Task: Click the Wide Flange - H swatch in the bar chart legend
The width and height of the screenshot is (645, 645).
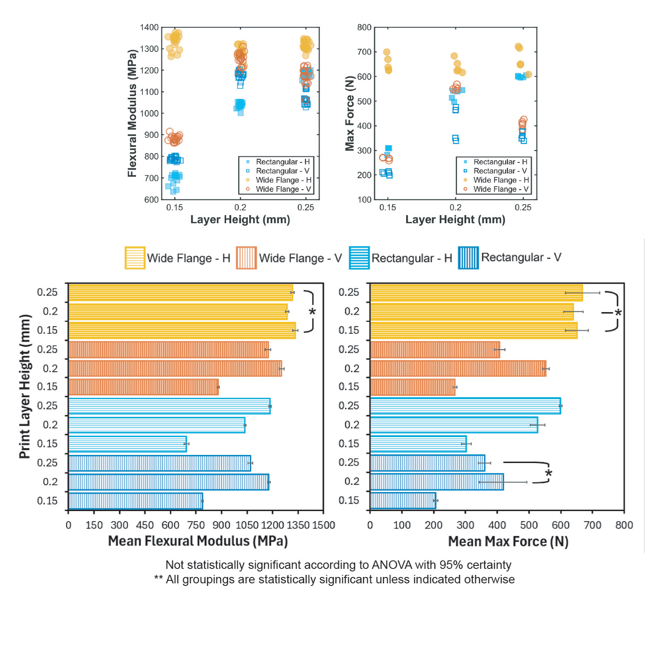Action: coord(135,258)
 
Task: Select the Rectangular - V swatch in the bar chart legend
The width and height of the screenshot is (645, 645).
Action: coord(468,258)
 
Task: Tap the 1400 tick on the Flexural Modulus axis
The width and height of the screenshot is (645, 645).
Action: coord(149,28)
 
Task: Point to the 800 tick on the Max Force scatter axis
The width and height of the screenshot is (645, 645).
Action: coord(364,28)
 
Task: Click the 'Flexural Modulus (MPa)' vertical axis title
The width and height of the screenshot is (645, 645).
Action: coord(132,113)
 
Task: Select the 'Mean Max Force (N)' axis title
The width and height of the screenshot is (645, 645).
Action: coord(508,541)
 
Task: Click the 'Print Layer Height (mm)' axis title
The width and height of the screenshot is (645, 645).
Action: coord(25,386)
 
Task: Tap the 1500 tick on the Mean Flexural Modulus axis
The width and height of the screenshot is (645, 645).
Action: coord(324,525)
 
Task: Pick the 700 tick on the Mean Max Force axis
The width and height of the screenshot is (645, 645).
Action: coord(592,525)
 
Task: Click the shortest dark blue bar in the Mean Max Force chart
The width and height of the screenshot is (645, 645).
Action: coord(403,500)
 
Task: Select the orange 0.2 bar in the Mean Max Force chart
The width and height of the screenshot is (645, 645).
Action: coord(458,368)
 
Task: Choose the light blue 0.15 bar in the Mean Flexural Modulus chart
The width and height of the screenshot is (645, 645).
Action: coord(127,444)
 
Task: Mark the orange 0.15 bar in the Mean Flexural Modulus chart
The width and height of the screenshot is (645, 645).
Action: coord(143,387)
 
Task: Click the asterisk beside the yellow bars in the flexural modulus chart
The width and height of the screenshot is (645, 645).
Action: coord(313,312)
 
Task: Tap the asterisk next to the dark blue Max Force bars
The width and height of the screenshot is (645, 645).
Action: coord(548,473)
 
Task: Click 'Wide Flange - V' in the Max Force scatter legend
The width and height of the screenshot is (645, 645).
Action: coord(500,189)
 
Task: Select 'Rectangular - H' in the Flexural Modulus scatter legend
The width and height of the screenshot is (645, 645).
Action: coord(282,162)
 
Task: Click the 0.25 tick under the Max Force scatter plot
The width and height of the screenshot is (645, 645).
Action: coord(523,207)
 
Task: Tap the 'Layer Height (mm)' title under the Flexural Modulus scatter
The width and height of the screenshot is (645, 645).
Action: coord(240,220)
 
